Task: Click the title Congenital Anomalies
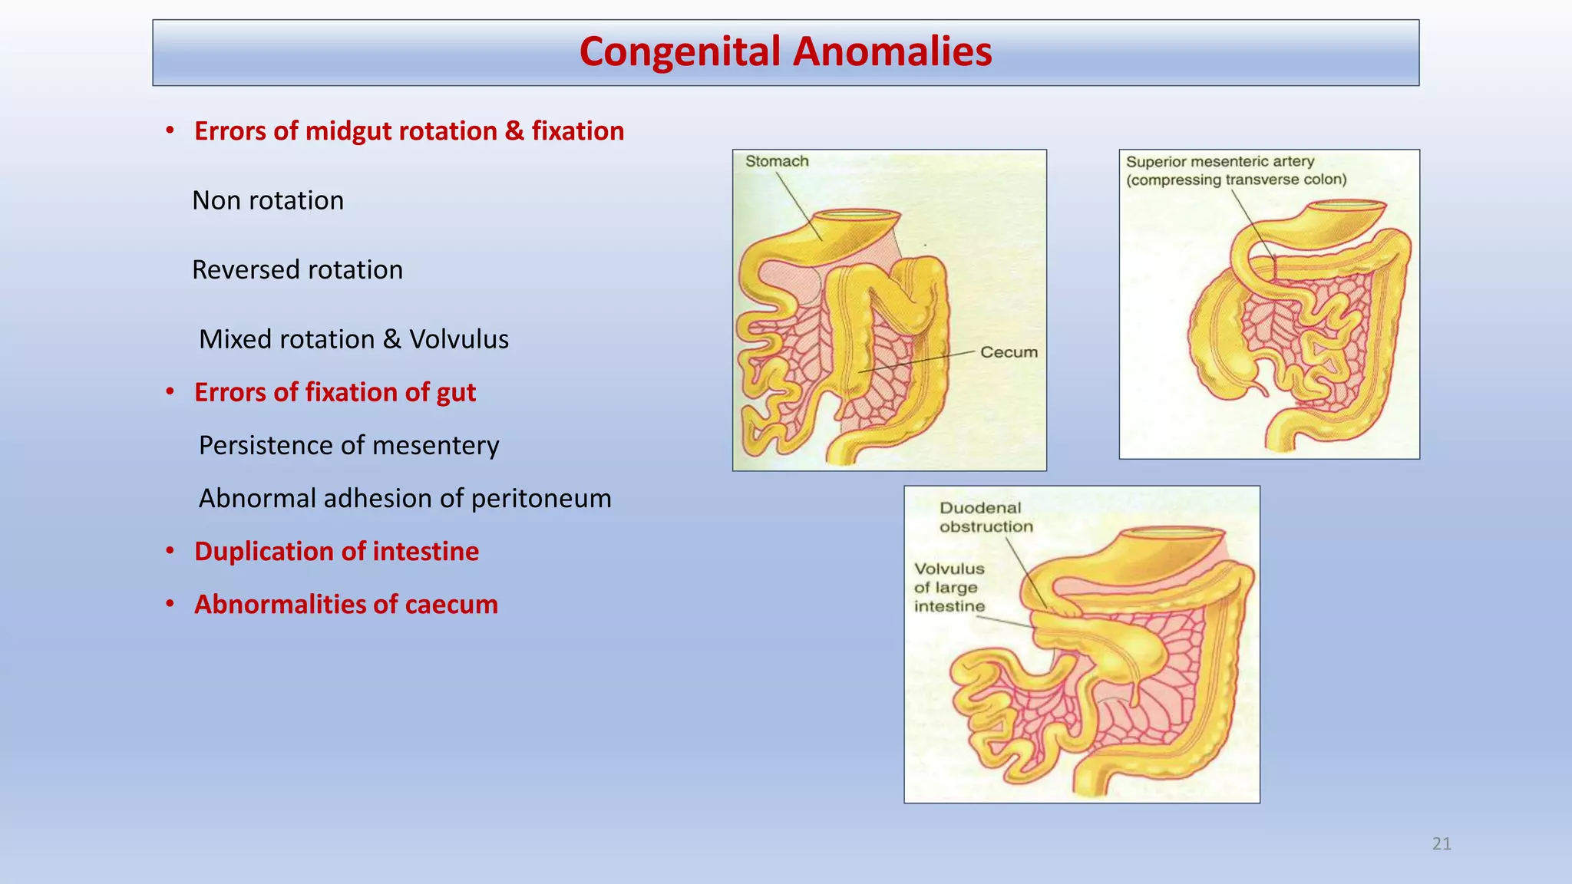coord(785,52)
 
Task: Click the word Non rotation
coord(268,200)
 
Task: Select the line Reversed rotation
coord(297,270)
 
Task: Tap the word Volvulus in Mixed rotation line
coord(458,339)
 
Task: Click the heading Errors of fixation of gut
coord(335,392)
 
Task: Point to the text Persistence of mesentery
coord(348,445)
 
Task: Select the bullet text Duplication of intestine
coord(336,552)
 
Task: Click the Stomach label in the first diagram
coord(777,161)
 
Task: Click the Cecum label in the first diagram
coord(1009,352)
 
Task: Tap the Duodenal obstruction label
coord(985,517)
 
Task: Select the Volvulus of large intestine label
coord(949,587)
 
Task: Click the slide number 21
coord(1442,844)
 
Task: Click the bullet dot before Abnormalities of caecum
coord(170,604)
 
